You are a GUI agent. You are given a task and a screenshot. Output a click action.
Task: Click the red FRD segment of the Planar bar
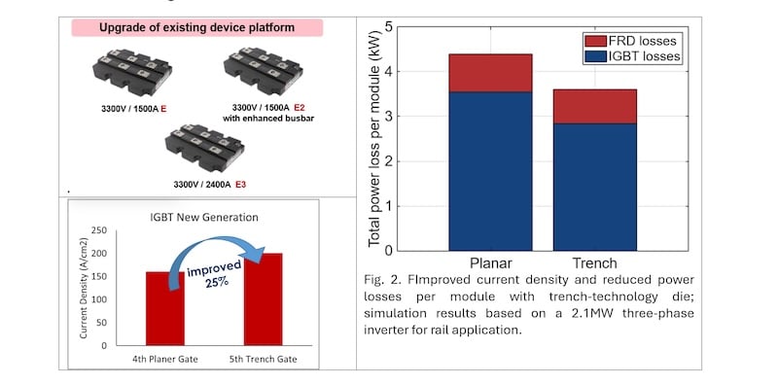coord(490,73)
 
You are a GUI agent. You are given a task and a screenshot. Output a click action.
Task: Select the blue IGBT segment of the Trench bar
coord(595,187)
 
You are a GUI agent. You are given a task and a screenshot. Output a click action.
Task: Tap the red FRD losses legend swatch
coord(595,41)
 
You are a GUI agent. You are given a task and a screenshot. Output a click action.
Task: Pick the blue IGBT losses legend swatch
coord(595,56)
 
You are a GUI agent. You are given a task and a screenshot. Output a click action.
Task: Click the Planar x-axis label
coord(490,262)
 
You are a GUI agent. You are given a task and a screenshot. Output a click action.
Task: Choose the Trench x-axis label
coord(595,262)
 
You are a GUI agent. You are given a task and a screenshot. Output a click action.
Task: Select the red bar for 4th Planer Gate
coord(164,308)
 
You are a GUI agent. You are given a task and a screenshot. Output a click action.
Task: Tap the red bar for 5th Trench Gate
coord(263,299)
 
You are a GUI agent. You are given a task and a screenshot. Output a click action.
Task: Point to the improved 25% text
coord(215,273)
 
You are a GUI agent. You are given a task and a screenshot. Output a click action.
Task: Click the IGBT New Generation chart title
coord(204,218)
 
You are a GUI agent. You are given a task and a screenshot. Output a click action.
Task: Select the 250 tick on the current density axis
coord(100,230)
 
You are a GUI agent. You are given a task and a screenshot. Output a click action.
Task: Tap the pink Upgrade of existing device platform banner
coord(197,28)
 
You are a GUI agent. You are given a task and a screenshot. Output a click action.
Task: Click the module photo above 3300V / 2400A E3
coord(204,148)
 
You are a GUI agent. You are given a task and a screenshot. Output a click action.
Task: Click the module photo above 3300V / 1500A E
coord(132,73)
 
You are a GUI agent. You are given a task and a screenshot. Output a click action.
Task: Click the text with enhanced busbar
coord(268,118)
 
